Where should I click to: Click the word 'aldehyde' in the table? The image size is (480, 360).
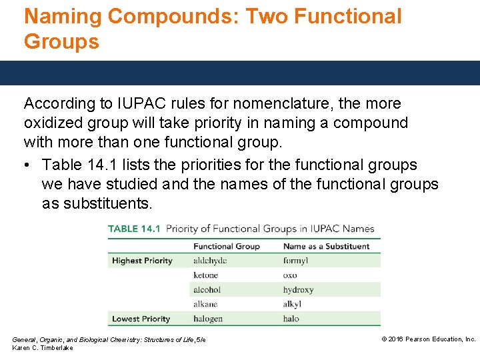[x=209, y=261]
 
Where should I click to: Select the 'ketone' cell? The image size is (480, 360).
[x=205, y=275]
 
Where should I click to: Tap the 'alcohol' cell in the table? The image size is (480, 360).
[x=207, y=290]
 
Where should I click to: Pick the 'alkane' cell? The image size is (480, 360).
[x=205, y=304]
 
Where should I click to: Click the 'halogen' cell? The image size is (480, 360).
[x=208, y=319]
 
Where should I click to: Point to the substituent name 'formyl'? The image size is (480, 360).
[x=295, y=261]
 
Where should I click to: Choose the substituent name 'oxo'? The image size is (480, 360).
[x=290, y=275]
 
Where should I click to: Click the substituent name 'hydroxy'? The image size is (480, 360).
[x=298, y=290]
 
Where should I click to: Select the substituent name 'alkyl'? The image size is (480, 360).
[x=293, y=304]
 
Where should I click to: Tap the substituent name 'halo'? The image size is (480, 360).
[x=291, y=319]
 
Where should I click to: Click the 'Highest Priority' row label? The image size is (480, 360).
[x=142, y=261]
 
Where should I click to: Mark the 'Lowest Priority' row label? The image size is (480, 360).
[x=141, y=319]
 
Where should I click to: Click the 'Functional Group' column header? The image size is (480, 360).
[x=226, y=246]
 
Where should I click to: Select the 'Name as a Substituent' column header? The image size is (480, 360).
[x=326, y=246]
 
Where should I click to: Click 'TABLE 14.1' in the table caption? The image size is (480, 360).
[x=133, y=229]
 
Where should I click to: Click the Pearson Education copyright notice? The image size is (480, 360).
[x=428, y=339]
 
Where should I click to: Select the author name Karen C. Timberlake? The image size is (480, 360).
[x=43, y=348]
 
